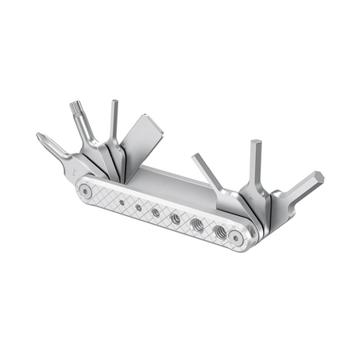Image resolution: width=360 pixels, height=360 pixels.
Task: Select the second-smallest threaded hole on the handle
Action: [137, 207]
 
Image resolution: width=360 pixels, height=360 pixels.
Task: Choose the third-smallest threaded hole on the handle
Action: [156, 212]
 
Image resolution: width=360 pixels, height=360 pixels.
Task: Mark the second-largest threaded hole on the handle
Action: [197, 225]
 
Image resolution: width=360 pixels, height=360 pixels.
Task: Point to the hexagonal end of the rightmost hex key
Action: [315, 178]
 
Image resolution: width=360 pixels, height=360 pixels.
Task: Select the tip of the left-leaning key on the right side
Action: [196, 158]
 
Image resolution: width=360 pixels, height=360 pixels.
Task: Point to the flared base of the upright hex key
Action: [252, 192]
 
